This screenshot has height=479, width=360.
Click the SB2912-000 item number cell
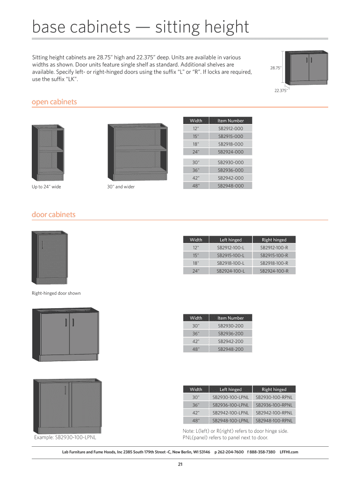(x=230, y=128)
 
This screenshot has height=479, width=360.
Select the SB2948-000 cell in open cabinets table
(x=230, y=186)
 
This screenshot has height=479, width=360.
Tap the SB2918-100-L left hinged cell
(x=230, y=263)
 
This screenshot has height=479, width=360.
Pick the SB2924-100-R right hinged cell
(x=274, y=271)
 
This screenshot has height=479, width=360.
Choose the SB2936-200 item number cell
(x=230, y=334)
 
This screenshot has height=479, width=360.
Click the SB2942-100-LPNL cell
(x=230, y=413)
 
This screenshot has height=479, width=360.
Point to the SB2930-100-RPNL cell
(x=274, y=397)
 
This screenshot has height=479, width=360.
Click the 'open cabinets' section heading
(x=54, y=102)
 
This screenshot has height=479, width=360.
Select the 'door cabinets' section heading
(x=53, y=215)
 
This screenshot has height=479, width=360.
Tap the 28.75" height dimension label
(x=275, y=68)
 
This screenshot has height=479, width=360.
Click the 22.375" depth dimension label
(x=281, y=91)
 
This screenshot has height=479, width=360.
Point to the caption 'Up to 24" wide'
(x=46, y=187)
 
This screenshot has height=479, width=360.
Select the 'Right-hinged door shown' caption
(x=56, y=293)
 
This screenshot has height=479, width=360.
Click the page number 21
(x=180, y=464)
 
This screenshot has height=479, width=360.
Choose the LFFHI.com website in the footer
(x=288, y=452)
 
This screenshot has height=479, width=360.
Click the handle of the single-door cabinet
(x=42, y=245)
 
